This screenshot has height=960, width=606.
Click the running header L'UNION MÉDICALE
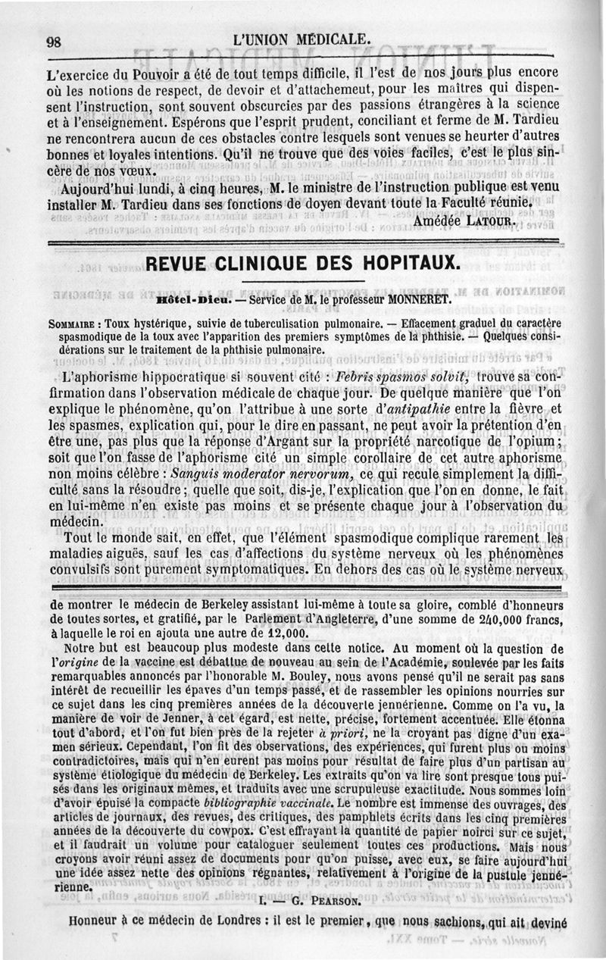click(x=303, y=39)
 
